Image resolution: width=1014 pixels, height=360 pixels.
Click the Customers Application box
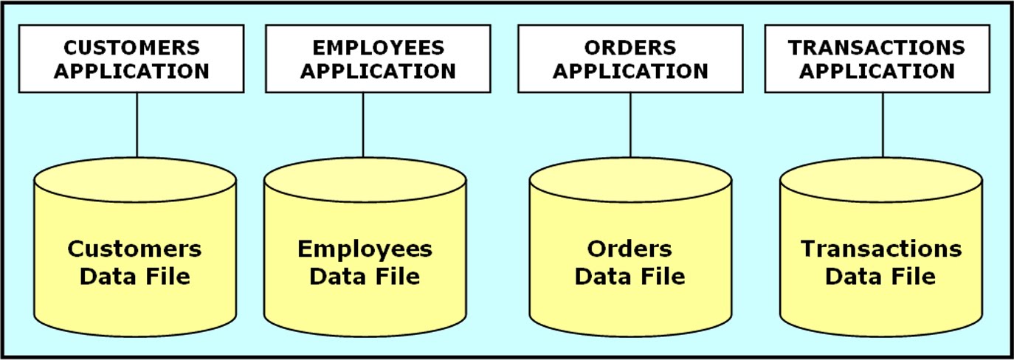(131, 59)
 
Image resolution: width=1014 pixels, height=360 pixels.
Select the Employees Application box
(378, 59)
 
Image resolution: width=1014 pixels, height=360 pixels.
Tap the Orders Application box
(630, 59)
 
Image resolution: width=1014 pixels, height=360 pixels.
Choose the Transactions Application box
(877, 59)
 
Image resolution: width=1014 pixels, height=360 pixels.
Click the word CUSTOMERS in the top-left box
(131, 48)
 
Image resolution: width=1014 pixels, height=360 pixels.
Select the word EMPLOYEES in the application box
(378, 48)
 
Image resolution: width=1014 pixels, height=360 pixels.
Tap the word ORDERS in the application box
(630, 48)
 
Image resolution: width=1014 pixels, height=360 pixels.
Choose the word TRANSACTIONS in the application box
(877, 48)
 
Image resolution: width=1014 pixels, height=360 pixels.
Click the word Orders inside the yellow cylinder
(630, 249)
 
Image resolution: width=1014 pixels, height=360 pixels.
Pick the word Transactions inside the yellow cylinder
(881, 249)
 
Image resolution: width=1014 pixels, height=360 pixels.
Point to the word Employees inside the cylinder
(365, 249)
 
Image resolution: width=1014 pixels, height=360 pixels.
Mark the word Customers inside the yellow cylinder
(134, 249)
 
